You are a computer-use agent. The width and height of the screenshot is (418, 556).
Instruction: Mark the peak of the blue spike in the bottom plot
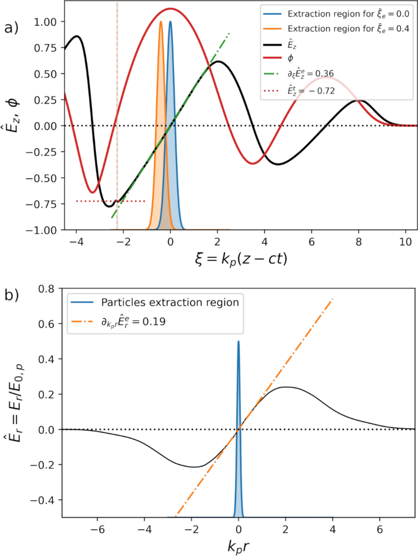tap(238, 342)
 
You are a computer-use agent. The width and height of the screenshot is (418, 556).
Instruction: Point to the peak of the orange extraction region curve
tap(161, 22)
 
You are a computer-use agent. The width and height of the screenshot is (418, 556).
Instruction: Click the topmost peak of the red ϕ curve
tap(170, 9)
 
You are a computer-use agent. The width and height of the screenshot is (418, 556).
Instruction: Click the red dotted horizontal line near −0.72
tap(110, 201)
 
